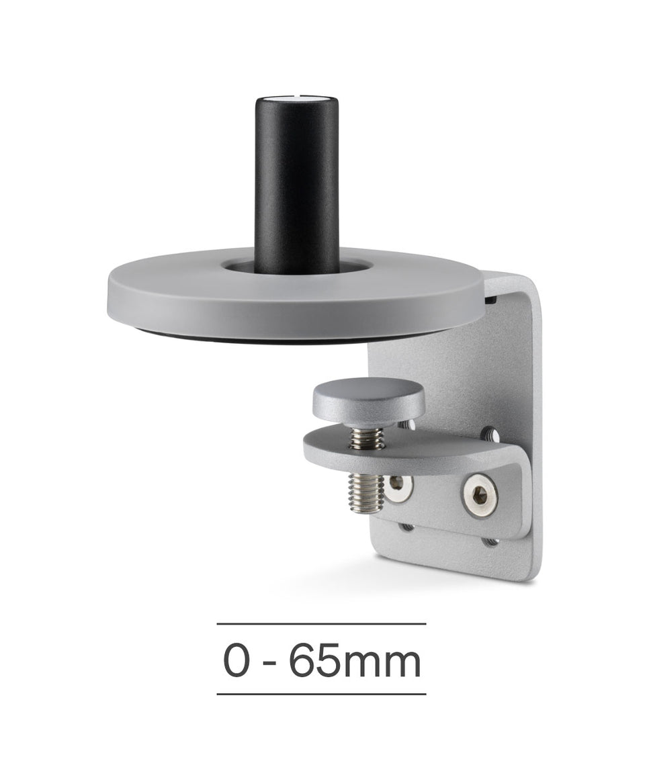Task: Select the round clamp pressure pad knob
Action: coord(369,400)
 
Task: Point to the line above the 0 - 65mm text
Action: coord(321,624)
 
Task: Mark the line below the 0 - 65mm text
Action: coord(321,694)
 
